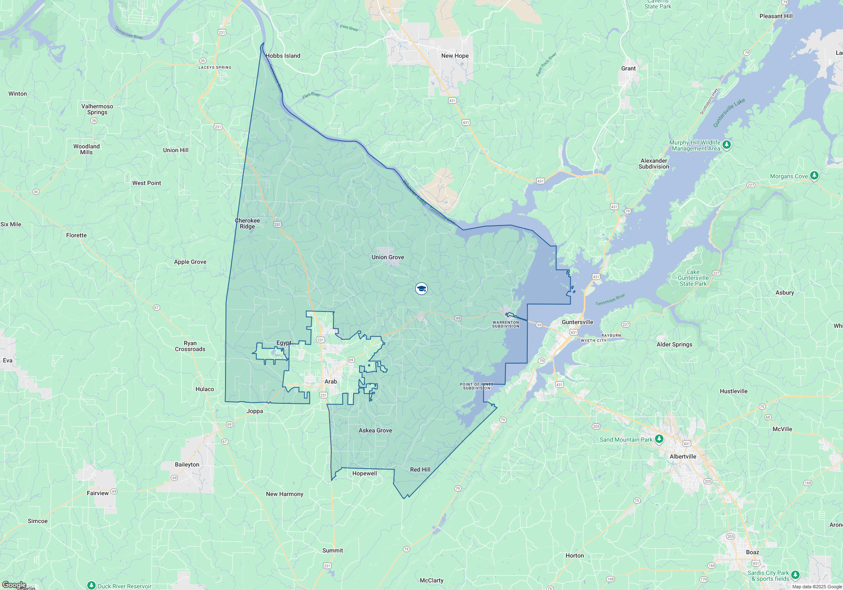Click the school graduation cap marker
click(x=421, y=289)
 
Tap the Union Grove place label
click(x=388, y=257)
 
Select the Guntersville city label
click(x=577, y=322)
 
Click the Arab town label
click(x=330, y=381)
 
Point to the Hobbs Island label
click(x=283, y=56)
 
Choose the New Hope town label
click(x=455, y=56)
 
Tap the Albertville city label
click(x=683, y=456)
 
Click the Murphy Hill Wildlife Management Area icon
click(x=726, y=145)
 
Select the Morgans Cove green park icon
click(x=814, y=176)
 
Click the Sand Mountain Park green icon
click(x=659, y=440)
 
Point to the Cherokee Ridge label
click(x=247, y=223)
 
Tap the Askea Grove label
click(x=375, y=430)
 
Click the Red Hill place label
click(x=420, y=469)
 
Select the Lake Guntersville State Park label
click(x=693, y=278)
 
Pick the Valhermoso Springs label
click(x=97, y=109)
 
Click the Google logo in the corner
click(x=14, y=585)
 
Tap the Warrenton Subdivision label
click(x=506, y=324)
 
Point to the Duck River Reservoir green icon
click(x=91, y=585)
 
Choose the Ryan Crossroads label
click(x=190, y=346)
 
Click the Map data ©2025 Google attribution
click(x=816, y=587)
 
